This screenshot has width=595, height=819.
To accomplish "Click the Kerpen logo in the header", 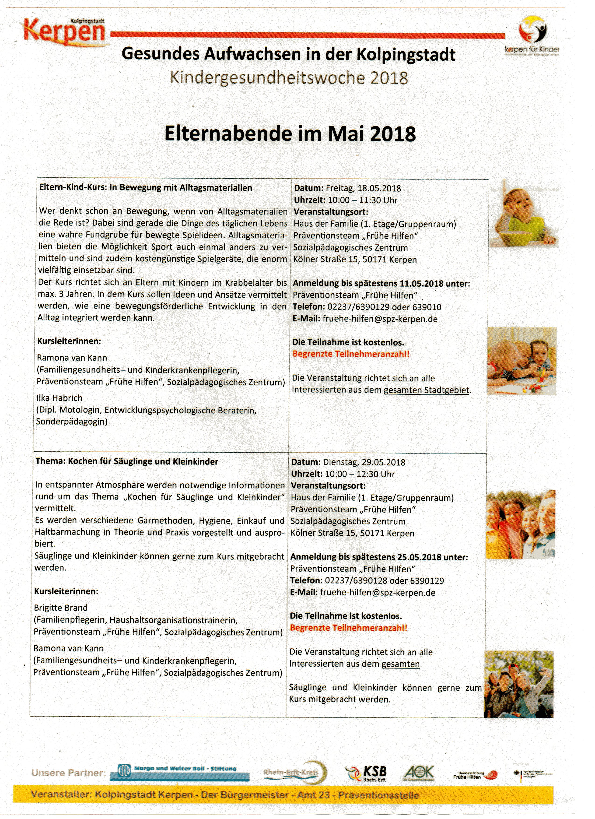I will [65, 32].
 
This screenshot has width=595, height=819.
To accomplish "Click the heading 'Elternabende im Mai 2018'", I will [290, 134].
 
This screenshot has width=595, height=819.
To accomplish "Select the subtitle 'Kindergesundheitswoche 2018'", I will [289, 78].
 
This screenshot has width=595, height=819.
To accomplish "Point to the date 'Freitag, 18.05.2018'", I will [363, 188].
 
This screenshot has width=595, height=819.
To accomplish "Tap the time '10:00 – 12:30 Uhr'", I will [360, 474].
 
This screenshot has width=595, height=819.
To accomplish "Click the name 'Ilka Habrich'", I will [59, 398].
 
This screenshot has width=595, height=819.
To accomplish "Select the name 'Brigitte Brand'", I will [61, 608].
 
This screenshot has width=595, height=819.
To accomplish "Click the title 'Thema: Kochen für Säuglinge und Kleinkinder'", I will [127, 461].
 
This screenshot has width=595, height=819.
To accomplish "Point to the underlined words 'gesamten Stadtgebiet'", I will [426, 390].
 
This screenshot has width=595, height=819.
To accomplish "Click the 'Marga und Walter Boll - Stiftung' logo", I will [184, 772].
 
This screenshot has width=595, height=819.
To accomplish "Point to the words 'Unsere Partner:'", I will [69, 773].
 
